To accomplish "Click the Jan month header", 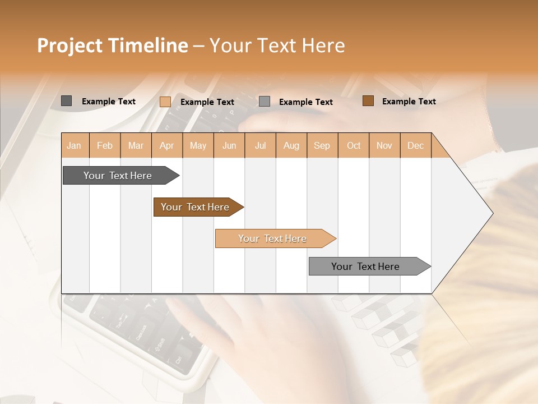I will coord(74,145).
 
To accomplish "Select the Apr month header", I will coord(166,145).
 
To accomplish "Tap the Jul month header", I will coord(260,145).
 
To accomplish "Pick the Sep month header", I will coord(322,145).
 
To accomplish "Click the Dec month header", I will coord(415,145).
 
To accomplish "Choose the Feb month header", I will coord(105,145).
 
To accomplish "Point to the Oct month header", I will coord(354,145).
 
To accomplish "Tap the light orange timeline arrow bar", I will coord(273,238).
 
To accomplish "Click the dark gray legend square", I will coord(67,101).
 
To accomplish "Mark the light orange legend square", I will coord(165,102).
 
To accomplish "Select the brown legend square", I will coord(368,101).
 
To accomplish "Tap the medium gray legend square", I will coord(265,102).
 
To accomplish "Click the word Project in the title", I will coord(69,45).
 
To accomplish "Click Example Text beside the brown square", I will coord(409,101).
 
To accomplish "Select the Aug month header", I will coord(291,145).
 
